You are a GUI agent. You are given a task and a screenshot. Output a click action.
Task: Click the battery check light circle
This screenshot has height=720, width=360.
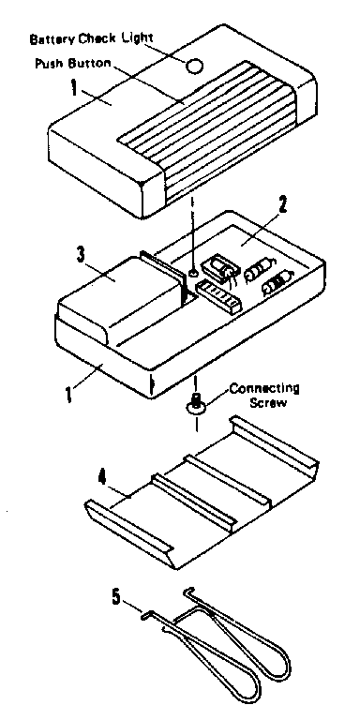point(195,66)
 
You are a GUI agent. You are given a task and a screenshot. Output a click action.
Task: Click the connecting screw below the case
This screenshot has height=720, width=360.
point(196,404)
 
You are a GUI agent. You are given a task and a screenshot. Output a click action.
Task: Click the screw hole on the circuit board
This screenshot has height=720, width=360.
point(193,273)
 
